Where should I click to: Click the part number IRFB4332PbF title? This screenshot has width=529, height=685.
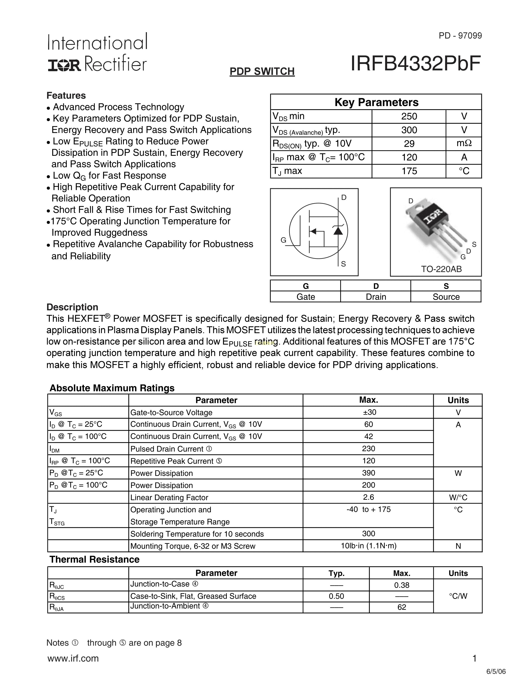point(415,64)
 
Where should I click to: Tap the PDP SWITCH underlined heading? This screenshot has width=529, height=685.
point(262,72)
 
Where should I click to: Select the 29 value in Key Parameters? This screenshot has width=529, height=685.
point(409,144)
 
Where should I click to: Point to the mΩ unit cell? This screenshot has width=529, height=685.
point(464,143)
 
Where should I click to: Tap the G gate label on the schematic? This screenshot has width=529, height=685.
point(283,240)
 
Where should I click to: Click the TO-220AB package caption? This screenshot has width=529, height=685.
point(441,269)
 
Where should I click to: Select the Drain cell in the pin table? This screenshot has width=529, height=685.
point(376,297)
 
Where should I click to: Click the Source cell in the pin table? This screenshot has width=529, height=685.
point(446,297)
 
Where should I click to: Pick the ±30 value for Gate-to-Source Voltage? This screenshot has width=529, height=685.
point(369,412)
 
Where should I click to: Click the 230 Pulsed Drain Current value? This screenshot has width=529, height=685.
point(369,449)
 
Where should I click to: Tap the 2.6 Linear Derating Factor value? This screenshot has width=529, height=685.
point(369,497)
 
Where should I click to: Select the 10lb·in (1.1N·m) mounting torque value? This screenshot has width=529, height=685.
point(369,546)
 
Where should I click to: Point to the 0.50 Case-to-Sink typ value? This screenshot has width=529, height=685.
point(336,596)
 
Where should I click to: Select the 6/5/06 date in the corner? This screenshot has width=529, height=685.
point(496,672)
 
